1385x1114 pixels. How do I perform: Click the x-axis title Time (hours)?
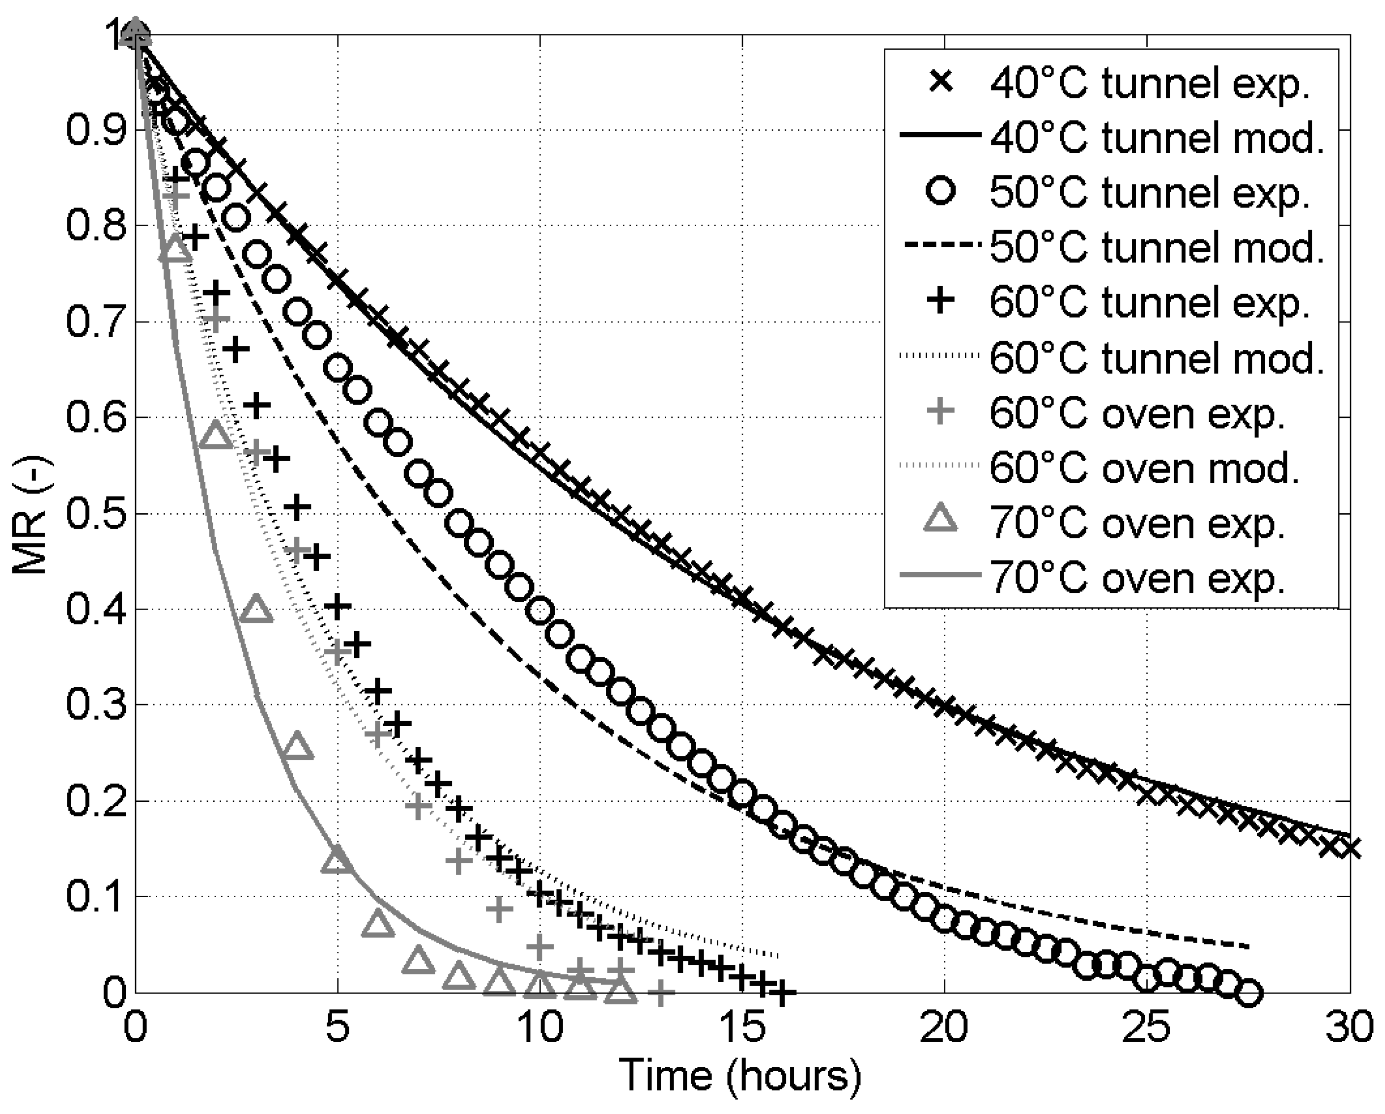[739, 1075]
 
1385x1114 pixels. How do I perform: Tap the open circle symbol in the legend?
[942, 192]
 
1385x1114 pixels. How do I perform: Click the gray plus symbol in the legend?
[942, 411]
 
